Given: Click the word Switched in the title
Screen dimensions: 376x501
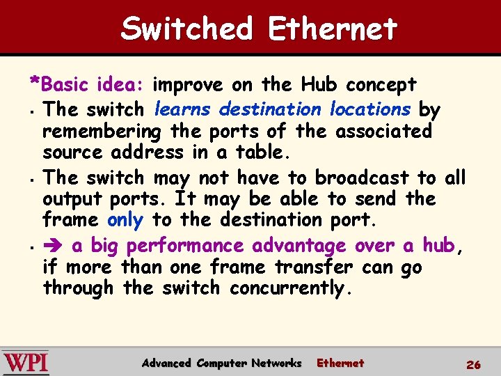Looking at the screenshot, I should [186, 29].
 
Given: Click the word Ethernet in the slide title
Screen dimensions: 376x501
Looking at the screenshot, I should [332, 29].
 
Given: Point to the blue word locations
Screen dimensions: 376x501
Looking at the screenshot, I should [369, 109].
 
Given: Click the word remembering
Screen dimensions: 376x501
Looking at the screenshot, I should [102, 131].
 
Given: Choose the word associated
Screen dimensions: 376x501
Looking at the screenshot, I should [383, 131].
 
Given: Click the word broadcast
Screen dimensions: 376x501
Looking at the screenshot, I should [361, 178].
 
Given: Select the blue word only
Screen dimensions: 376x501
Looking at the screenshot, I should [125, 220].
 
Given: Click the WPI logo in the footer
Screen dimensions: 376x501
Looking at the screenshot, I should [26, 363].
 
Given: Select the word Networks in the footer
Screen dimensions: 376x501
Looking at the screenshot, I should [276, 363].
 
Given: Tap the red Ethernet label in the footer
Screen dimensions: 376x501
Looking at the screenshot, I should [340, 363].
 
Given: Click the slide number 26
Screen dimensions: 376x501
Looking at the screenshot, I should [473, 364].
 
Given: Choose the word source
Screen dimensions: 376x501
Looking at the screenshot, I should [74, 152].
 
